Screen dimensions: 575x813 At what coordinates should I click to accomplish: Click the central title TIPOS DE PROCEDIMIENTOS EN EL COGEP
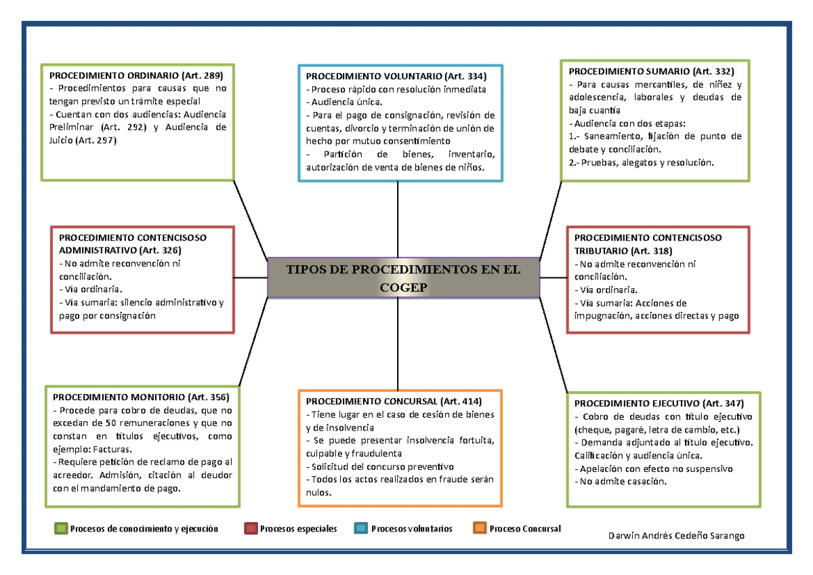coord(404,278)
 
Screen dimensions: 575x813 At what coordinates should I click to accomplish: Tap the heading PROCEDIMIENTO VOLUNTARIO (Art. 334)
coord(396,76)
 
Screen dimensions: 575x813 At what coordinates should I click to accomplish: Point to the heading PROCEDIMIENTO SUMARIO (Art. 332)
coord(650,71)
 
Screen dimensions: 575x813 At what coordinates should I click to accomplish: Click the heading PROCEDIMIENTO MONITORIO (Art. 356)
coord(141,397)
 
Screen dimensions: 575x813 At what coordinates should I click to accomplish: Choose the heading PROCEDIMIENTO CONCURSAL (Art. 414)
coord(394,401)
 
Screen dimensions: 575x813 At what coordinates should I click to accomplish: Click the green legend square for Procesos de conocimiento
coord(61,529)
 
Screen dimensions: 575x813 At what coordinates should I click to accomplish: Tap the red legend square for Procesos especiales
coord(251,529)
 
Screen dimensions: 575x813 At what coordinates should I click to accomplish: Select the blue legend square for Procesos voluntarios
coord(361,529)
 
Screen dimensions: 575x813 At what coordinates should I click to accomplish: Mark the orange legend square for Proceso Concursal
coord(480,529)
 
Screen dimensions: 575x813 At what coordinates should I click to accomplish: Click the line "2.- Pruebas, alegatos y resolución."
coord(642,163)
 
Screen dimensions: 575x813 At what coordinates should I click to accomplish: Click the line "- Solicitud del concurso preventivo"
coord(380,467)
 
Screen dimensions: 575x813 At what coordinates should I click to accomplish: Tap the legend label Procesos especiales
coord(298,529)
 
